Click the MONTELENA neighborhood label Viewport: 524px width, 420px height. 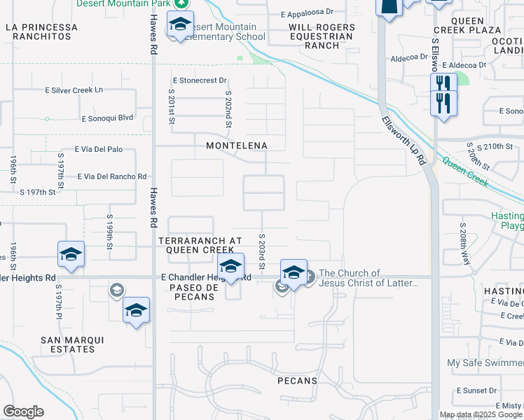tap(237, 145)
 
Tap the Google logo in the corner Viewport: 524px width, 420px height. tap(23, 412)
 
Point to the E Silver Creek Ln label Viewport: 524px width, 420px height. tap(74, 90)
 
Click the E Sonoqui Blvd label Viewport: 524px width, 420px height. tap(106, 118)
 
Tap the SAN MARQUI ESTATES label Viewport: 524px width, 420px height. tap(72, 345)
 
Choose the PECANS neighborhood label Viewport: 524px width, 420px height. tap(297, 381)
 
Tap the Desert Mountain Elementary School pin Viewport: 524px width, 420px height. tap(180, 27)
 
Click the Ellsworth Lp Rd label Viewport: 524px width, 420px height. tap(404, 140)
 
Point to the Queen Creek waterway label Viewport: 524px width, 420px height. tap(466, 174)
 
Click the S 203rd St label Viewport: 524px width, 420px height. tap(261, 251)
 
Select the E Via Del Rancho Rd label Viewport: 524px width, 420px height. tap(112, 176)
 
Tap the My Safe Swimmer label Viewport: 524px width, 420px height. tap(485, 363)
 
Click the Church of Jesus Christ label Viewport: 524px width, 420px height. tap(369, 278)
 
